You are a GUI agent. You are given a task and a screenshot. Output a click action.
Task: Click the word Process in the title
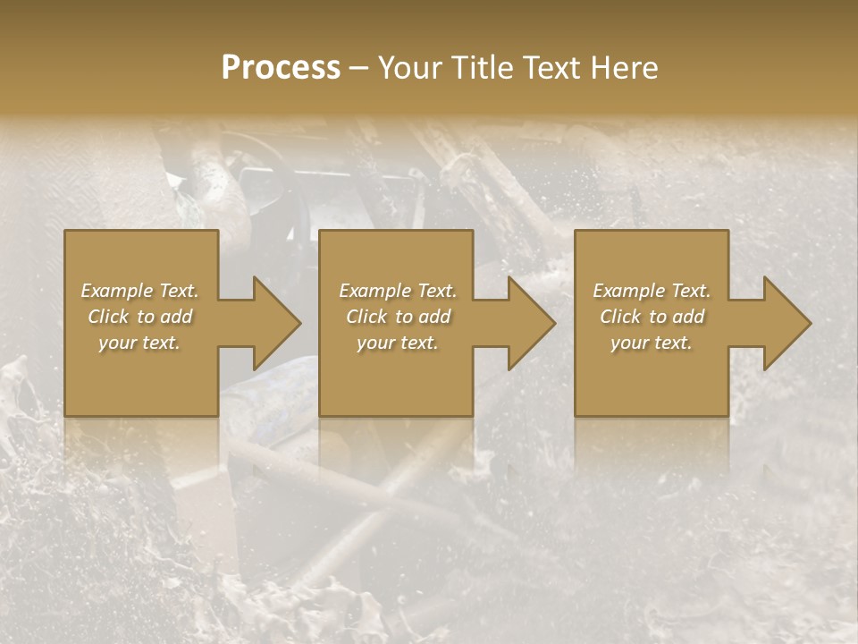click(x=281, y=68)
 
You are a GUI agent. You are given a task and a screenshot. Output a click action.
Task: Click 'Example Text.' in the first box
click(x=139, y=291)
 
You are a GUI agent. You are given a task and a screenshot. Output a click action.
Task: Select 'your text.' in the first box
click(x=139, y=343)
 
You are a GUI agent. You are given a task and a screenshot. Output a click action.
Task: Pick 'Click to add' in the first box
click(x=139, y=317)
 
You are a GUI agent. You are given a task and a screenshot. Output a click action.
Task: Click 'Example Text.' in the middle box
click(x=397, y=291)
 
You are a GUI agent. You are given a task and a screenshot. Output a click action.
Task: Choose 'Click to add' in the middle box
click(x=397, y=317)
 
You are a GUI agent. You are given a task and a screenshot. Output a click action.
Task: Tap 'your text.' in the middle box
click(x=397, y=343)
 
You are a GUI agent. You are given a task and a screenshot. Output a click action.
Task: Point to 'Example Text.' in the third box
click(x=652, y=291)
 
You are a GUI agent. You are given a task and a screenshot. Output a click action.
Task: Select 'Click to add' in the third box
click(x=652, y=317)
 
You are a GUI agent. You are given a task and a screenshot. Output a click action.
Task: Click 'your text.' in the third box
click(x=652, y=343)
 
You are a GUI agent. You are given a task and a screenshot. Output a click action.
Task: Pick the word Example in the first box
click(x=117, y=291)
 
